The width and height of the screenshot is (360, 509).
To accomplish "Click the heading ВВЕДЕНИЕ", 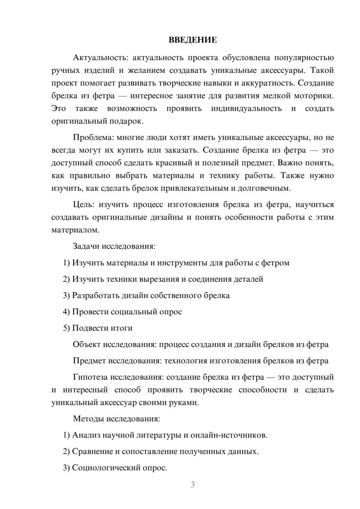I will (x=193, y=40).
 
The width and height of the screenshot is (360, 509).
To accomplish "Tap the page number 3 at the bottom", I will (x=193, y=485).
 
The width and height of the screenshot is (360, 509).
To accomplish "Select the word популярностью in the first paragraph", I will (x=304, y=58).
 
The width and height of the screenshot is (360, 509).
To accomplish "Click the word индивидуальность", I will (x=246, y=109).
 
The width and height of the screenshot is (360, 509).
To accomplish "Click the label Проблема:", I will (x=94, y=138).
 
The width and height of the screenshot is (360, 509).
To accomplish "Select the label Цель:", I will (x=84, y=205).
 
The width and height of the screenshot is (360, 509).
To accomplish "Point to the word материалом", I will (x=75, y=230).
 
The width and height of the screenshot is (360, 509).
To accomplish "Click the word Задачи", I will (x=86, y=247).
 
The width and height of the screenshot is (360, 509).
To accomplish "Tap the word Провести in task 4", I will (x=90, y=312).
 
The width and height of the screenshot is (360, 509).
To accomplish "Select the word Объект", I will (x=87, y=345).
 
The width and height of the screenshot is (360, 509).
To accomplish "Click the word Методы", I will (x=87, y=419).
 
